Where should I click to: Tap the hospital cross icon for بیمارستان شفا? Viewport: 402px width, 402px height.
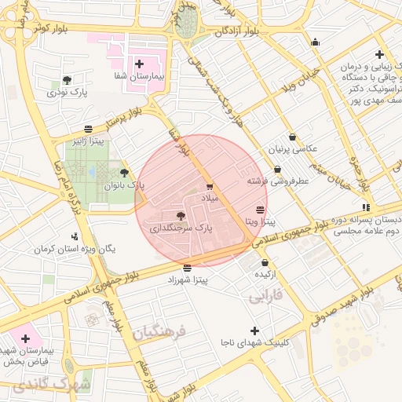point(139,64)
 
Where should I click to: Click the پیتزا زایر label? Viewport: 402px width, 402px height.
point(87,142)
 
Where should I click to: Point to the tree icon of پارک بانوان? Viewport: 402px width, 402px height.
point(124,173)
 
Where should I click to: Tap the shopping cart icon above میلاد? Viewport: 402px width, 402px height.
point(209,186)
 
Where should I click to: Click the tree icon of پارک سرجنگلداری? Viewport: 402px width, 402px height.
point(181,214)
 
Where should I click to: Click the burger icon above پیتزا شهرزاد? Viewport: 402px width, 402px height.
point(186,267)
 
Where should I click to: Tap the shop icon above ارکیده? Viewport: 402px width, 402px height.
point(265,262)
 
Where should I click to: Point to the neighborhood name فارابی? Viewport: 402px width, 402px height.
point(265,298)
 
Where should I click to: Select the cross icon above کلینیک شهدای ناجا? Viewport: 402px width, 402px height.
point(254,331)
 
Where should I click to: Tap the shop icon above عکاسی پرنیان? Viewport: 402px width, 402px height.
point(292,137)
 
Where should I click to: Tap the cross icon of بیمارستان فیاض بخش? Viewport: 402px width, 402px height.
point(26,338)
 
